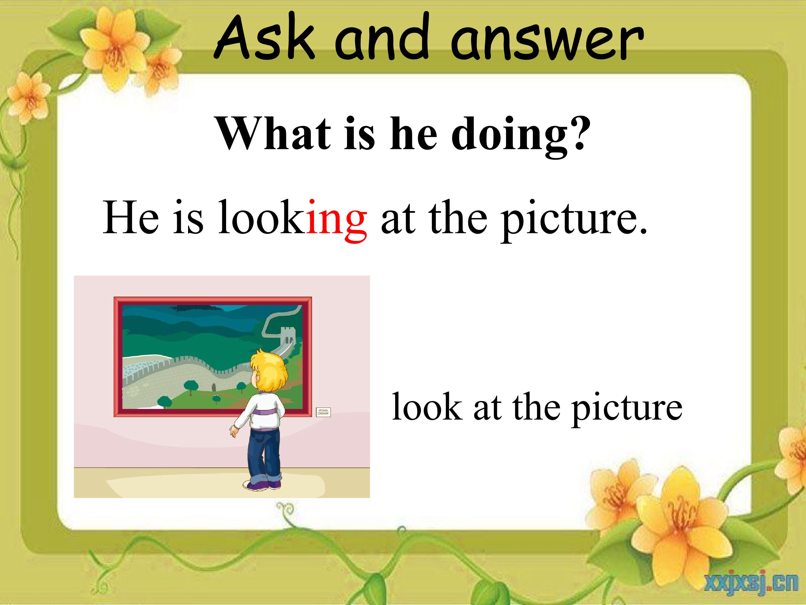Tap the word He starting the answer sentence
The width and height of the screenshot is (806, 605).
131,218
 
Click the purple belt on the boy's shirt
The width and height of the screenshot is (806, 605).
265,412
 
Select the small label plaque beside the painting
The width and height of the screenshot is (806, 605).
323,412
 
